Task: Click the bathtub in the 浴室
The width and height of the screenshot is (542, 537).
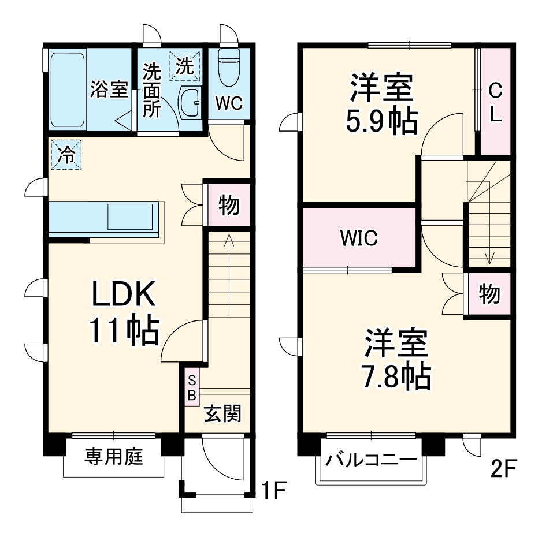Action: click(x=68, y=90)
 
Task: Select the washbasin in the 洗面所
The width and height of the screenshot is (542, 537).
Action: click(x=190, y=103)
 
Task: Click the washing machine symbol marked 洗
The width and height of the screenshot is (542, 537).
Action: click(x=184, y=66)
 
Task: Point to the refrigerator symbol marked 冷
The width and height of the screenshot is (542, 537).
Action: click(x=66, y=155)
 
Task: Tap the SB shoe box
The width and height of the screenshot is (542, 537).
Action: click(x=192, y=386)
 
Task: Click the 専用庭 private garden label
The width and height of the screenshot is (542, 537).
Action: click(x=114, y=457)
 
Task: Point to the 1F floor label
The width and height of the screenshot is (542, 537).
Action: click(x=273, y=491)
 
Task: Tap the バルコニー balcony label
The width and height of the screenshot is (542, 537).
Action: click(x=370, y=461)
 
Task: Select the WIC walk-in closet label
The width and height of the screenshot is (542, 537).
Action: click(x=359, y=237)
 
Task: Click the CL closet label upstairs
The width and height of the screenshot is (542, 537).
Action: click(x=495, y=103)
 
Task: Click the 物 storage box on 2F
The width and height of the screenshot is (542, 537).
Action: click(x=489, y=294)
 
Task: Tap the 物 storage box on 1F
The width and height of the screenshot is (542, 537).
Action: click(x=229, y=205)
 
